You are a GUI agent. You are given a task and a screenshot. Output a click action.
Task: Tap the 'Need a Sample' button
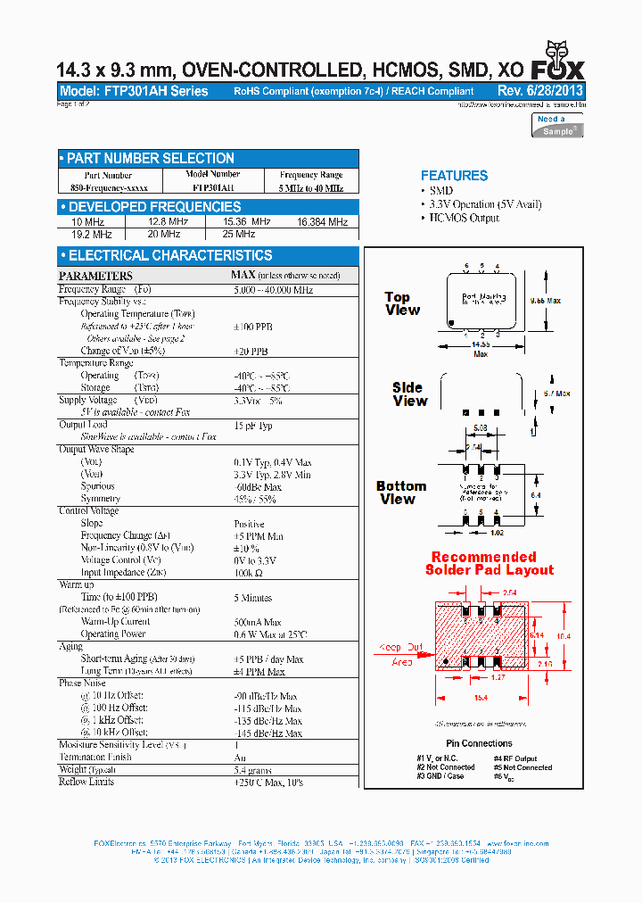(x=557, y=125)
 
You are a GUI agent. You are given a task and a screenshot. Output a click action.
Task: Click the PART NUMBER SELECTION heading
(x=151, y=159)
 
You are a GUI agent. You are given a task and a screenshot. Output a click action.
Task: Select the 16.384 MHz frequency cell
(x=322, y=222)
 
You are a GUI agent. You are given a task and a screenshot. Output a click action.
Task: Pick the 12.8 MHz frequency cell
(x=168, y=222)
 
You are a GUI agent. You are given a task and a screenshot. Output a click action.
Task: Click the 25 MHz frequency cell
(x=239, y=234)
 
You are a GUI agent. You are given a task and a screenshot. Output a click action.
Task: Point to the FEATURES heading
(x=454, y=176)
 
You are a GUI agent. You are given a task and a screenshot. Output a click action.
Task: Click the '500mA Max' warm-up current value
(x=258, y=621)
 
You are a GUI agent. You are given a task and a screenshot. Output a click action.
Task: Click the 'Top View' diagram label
(x=402, y=303)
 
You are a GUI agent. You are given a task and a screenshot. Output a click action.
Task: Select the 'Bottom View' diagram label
(x=400, y=493)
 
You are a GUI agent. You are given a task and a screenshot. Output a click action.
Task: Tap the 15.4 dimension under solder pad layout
(x=481, y=697)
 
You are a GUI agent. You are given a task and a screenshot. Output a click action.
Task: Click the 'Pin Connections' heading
(x=479, y=743)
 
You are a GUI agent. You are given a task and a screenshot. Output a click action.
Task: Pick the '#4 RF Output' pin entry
(x=522, y=758)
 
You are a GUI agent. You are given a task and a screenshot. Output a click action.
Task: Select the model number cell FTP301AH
(x=213, y=187)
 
